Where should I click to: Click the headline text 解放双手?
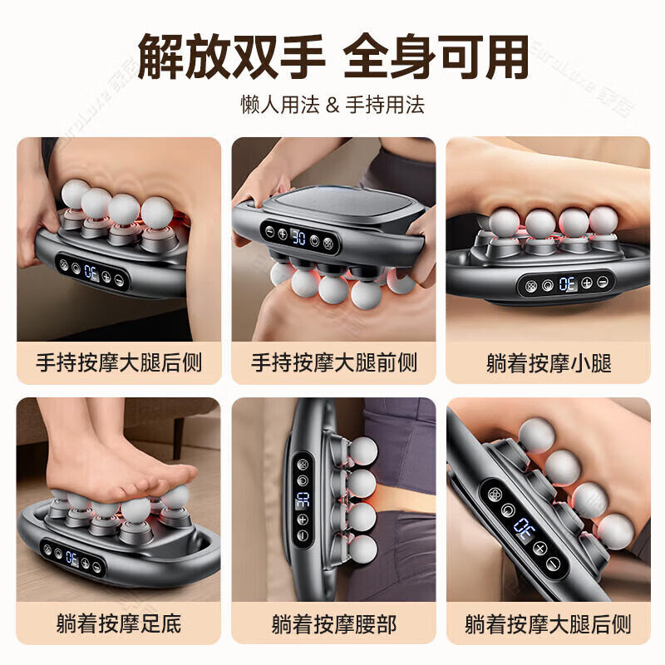pyautogui.click(x=231, y=57)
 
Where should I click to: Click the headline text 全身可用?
pyautogui.click(x=436, y=57)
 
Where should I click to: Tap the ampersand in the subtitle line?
pyautogui.click(x=332, y=106)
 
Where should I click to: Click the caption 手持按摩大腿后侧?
pyautogui.click(x=119, y=362)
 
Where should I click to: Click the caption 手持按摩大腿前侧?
pyautogui.click(x=333, y=362)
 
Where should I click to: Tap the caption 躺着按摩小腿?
pyautogui.click(x=548, y=362)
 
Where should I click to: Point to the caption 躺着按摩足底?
pyautogui.click(x=119, y=623)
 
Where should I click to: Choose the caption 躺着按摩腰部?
pyautogui.click(x=333, y=623)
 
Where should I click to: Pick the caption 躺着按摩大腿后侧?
pyautogui.click(x=548, y=623)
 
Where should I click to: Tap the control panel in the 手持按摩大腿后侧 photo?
pyautogui.click(x=91, y=273)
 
